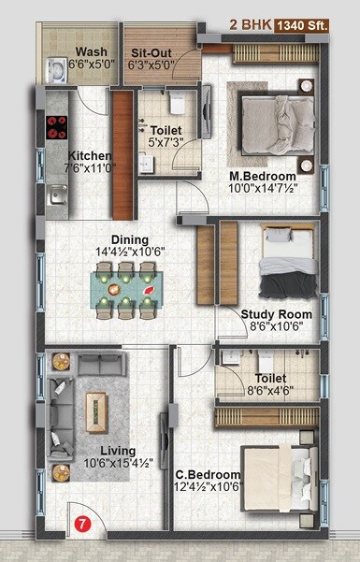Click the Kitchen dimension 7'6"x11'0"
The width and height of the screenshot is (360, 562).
[x=91, y=169]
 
